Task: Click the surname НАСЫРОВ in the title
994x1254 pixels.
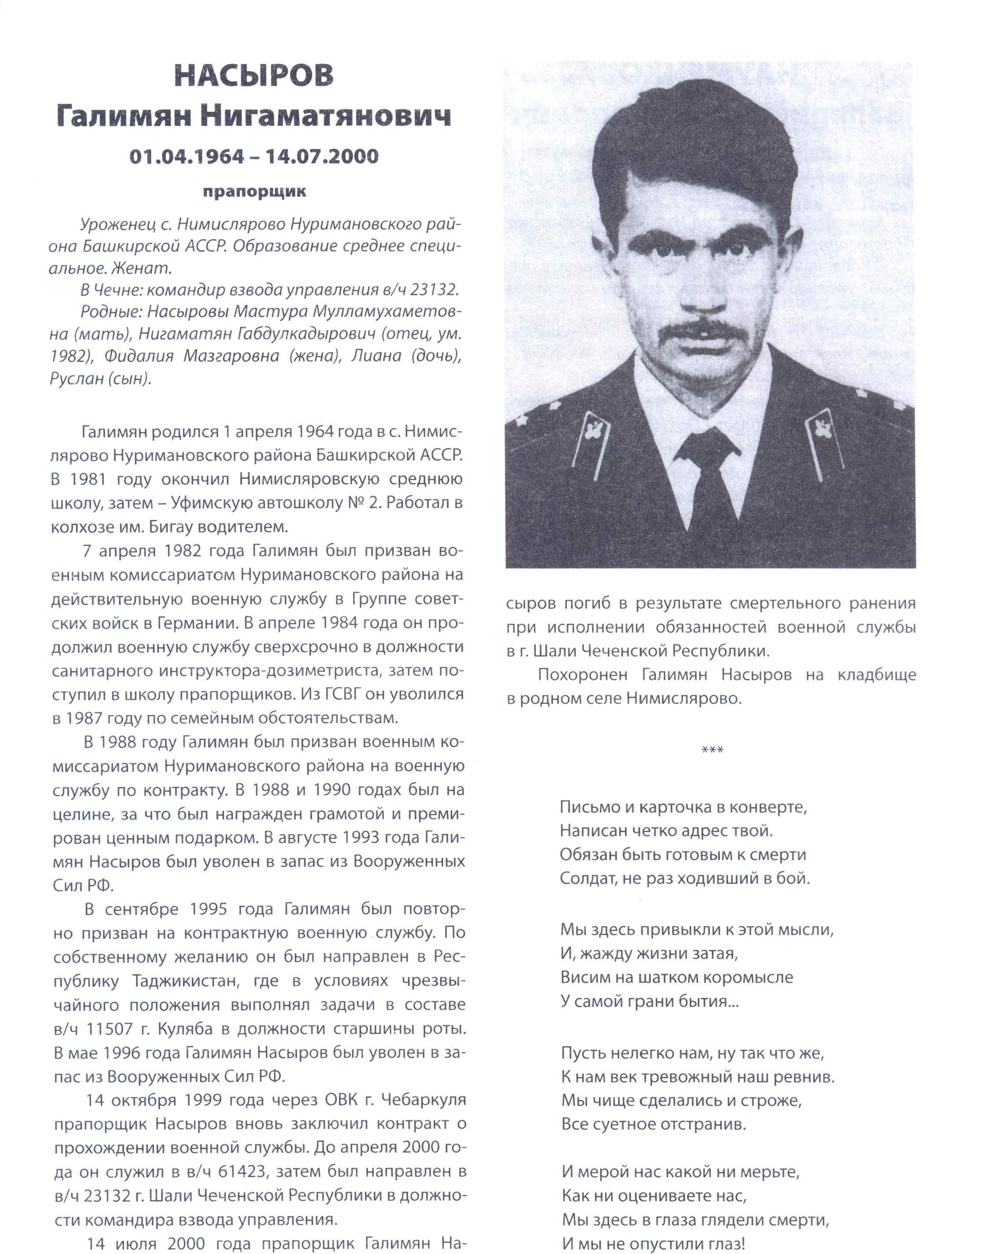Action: (254, 76)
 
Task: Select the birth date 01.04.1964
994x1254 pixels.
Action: (187, 156)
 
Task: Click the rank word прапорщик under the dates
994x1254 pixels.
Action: (254, 191)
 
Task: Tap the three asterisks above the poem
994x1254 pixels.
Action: (713, 750)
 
